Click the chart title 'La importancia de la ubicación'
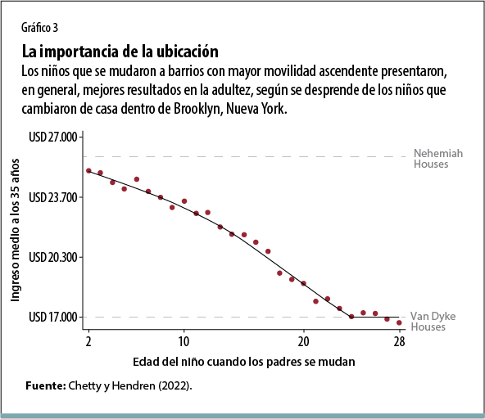point(120,51)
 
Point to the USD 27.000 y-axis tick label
point(52,137)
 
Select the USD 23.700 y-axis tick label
point(52,197)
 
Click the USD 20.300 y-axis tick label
point(52,257)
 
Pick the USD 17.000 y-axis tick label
point(52,317)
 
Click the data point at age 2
point(88,170)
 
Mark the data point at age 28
point(399,322)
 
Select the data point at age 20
point(303,283)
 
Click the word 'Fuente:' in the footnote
point(47,385)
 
